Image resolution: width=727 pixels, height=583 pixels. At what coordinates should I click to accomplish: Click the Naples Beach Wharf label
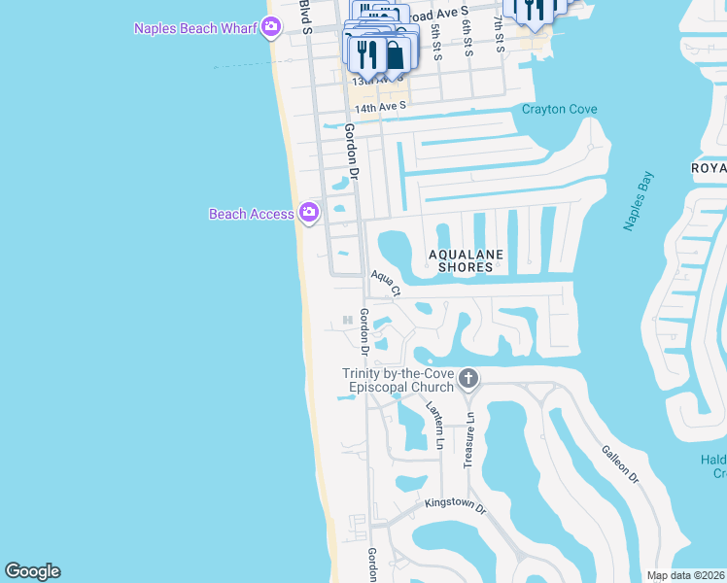[195, 27]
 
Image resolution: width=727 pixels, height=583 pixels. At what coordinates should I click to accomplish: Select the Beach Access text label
[251, 214]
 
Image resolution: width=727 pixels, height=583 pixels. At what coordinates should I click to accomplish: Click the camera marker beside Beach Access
[309, 212]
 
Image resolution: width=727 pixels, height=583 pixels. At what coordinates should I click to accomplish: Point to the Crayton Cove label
[559, 109]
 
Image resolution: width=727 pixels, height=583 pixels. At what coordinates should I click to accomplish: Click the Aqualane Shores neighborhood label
[467, 260]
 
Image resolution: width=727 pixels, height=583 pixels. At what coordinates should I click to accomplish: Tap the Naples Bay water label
[639, 202]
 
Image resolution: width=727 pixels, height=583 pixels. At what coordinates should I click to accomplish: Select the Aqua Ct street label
[384, 283]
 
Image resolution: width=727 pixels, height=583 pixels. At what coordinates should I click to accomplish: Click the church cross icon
[468, 377]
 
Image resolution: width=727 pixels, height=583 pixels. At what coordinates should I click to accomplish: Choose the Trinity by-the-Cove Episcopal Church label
[398, 381]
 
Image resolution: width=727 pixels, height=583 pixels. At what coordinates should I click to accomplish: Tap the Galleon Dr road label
[619, 464]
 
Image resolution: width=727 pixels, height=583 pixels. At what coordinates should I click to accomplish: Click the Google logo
[32, 571]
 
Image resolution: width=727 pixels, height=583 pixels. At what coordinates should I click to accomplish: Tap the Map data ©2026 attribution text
[684, 575]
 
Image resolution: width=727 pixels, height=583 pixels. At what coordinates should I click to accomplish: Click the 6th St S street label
[467, 37]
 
